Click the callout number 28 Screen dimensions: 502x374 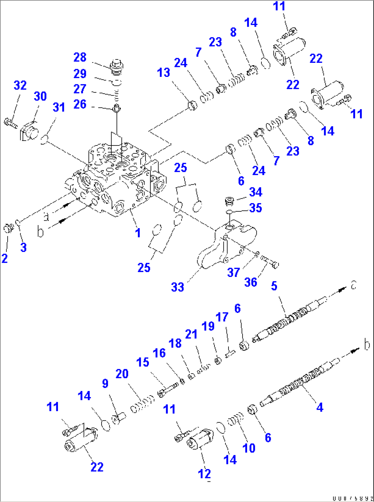[80, 57]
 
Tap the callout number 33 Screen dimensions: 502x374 [177, 287]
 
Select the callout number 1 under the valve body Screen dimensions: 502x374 [138, 233]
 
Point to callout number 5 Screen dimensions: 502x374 [274, 286]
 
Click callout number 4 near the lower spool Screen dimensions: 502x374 [319, 407]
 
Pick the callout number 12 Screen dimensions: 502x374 [204, 474]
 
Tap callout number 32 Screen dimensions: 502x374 [20, 85]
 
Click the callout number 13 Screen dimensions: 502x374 [163, 73]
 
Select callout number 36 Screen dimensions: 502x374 [250, 282]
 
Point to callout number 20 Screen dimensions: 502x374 [122, 374]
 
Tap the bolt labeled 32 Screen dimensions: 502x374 [10, 122]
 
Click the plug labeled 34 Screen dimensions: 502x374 [229, 200]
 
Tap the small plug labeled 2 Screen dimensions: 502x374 [8, 227]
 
